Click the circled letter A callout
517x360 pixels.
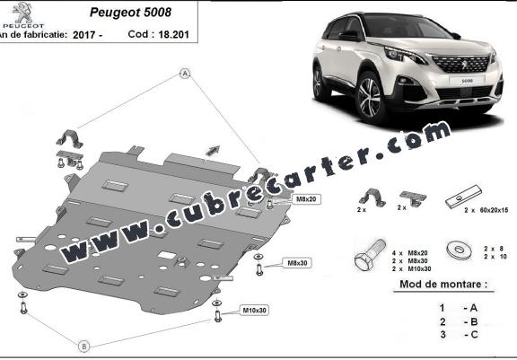185,74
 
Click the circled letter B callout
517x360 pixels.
84,347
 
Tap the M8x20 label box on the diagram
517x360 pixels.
306,199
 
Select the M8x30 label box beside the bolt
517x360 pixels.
297,263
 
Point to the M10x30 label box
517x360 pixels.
254,311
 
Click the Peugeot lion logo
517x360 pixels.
22,13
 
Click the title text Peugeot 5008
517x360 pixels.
130,13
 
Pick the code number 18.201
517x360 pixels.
173,34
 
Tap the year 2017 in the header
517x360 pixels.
83,35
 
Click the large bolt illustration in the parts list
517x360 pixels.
370,255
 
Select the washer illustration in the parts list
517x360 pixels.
459,250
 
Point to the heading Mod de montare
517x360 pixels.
443,285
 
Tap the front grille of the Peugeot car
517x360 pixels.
461,64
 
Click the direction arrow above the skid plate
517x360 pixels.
213,150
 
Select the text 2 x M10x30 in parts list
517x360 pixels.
411,269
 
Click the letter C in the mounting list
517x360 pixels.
474,334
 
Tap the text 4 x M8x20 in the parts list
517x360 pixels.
410,253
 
